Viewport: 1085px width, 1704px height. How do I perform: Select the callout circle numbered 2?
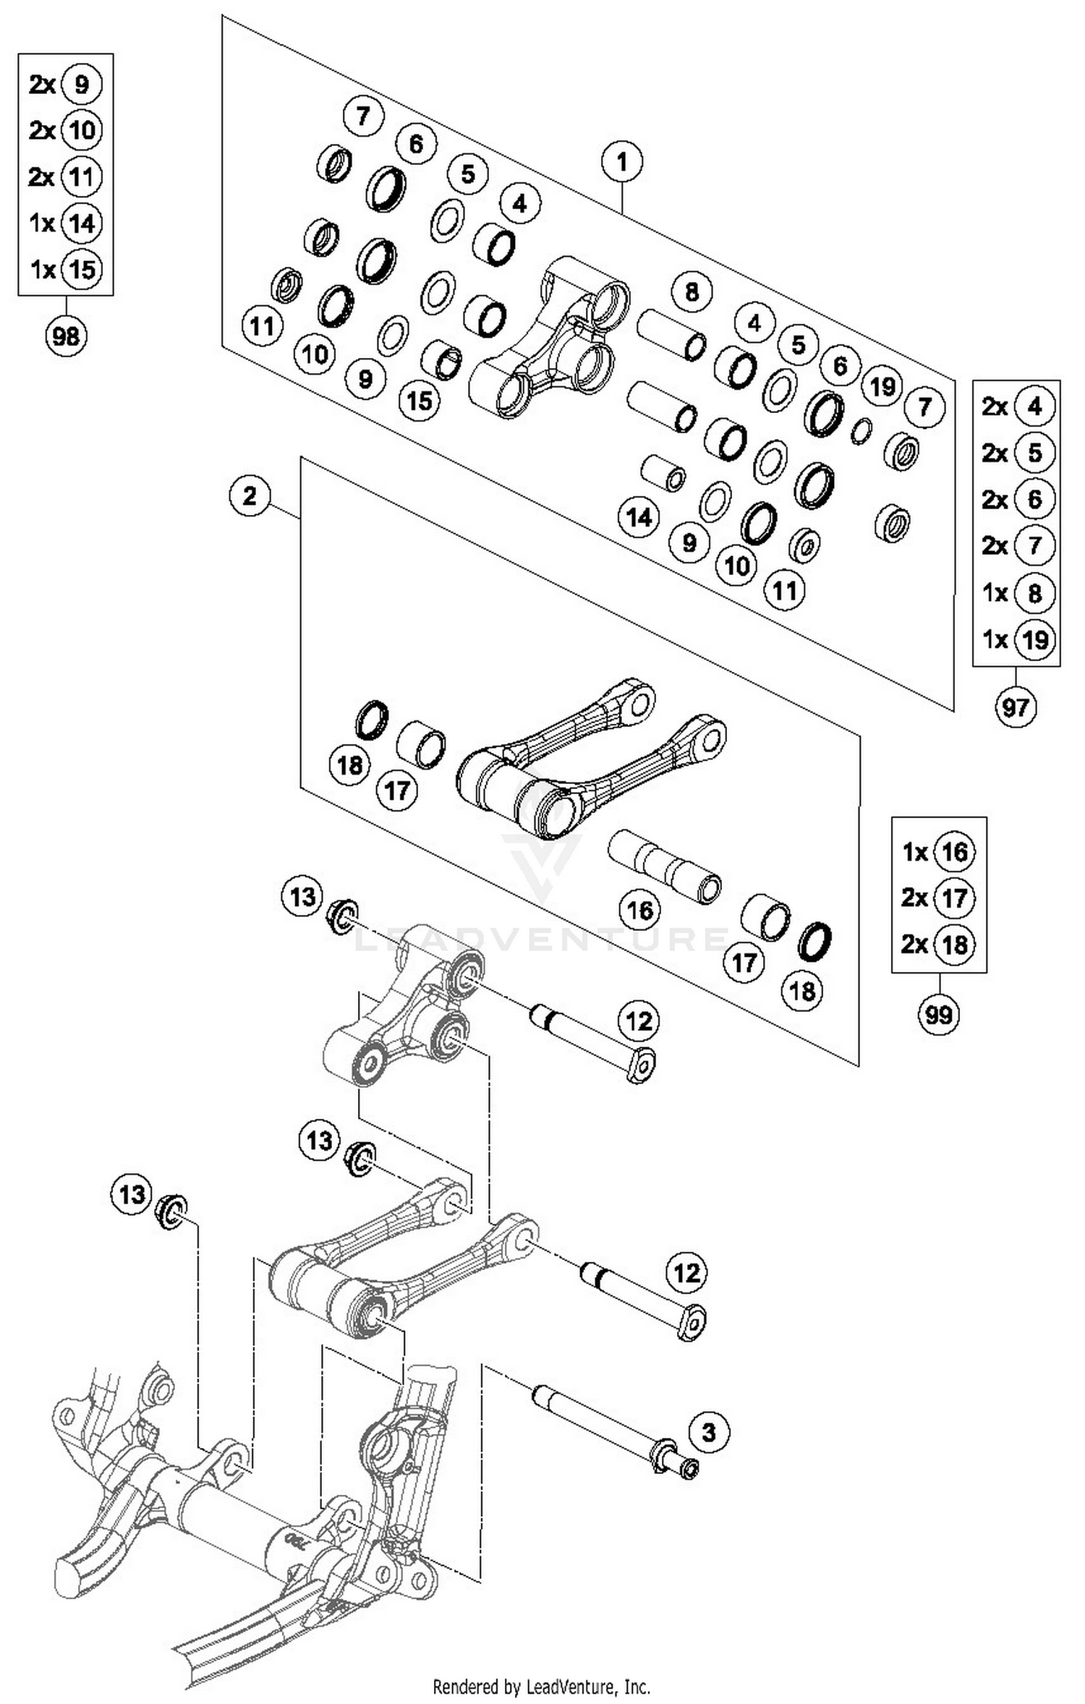250,496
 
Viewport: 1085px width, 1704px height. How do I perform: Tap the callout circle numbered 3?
709,1432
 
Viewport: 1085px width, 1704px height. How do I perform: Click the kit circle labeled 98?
66,336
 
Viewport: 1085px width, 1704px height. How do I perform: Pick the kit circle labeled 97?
1016,707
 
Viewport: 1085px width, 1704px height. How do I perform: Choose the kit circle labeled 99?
938,1014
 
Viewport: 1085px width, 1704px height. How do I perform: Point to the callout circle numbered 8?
692,292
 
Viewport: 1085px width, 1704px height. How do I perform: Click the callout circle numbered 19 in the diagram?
882,387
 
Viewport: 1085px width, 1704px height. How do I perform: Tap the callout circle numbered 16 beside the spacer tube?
640,910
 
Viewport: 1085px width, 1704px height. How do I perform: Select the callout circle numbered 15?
420,400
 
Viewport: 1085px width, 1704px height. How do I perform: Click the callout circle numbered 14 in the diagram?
639,517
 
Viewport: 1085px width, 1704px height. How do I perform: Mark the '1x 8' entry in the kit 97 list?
1016,593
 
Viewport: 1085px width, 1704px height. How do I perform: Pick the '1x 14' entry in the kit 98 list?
65,223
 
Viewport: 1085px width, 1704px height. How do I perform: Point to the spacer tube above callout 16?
664,866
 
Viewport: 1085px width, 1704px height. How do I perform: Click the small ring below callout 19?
861,431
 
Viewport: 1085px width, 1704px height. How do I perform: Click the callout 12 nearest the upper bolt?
639,1021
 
